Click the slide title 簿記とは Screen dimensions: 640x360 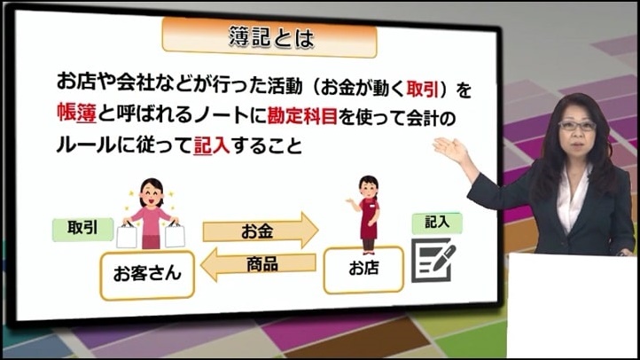click(271, 37)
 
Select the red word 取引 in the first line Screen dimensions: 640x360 click(423, 89)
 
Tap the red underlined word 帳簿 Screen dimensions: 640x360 click(77, 113)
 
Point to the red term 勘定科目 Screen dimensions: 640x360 click(302, 117)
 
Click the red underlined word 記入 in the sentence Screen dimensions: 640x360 click(212, 145)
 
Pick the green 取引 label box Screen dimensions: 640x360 click(82, 229)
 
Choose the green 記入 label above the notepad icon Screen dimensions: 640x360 click(437, 223)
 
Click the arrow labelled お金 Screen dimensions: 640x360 click(261, 231)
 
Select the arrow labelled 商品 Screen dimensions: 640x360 click(258, 264)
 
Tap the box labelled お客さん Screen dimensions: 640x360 click(147, 276)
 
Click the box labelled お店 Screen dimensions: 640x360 click(363, 270)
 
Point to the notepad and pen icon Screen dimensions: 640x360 click(433, 260)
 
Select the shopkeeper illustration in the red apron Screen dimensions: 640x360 click(368, 214)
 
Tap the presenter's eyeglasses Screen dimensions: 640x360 click(577, 125)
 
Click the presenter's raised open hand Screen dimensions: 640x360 click(449, 149)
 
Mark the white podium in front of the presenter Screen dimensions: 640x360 click(573, 306)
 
